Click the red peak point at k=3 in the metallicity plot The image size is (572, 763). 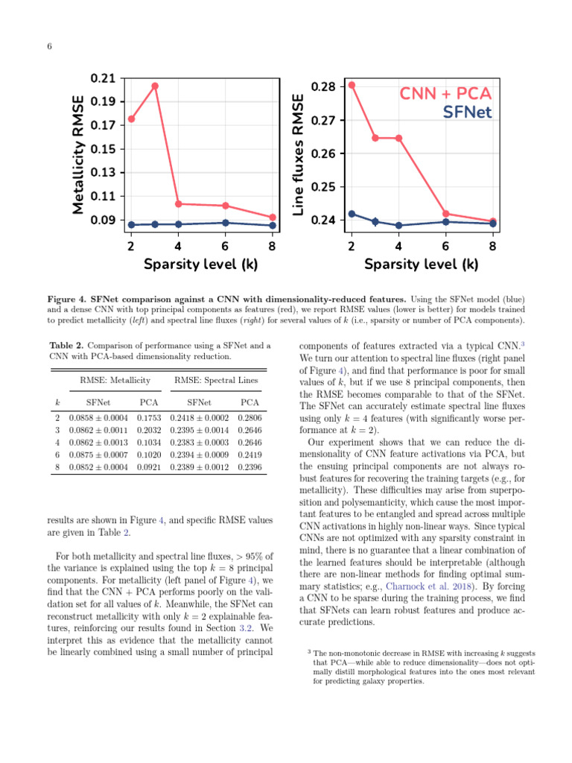click(155, 86)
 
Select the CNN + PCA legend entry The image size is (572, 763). click(445, 94)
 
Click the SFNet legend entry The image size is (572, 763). click(467, 113)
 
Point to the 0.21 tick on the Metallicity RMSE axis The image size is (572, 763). click(103, 78)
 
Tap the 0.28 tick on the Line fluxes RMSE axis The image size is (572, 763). click(324, 87)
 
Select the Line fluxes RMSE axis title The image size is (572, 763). click(298, 156)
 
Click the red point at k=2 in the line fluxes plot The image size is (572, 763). click(352, 84)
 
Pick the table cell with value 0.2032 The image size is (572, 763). click(150, 430)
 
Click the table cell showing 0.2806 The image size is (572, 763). click(250, 419)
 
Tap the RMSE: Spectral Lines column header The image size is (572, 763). click(217, 380)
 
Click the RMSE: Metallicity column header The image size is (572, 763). click(115, 380)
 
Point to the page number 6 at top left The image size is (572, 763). click(49, 46)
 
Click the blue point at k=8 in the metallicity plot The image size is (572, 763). click(273, 225)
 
